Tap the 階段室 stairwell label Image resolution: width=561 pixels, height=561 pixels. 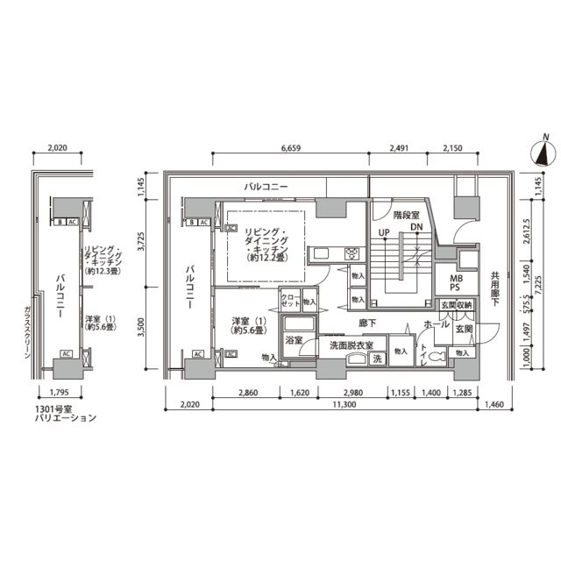(405, 214)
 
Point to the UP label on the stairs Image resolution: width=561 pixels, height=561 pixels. (383, 231)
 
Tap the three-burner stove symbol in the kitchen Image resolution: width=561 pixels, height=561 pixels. (352, 254)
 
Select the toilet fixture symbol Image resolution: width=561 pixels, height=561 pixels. (460, 355)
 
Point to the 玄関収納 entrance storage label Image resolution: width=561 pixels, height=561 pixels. (455, 305)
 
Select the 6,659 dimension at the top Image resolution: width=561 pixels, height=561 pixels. (291, 148)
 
